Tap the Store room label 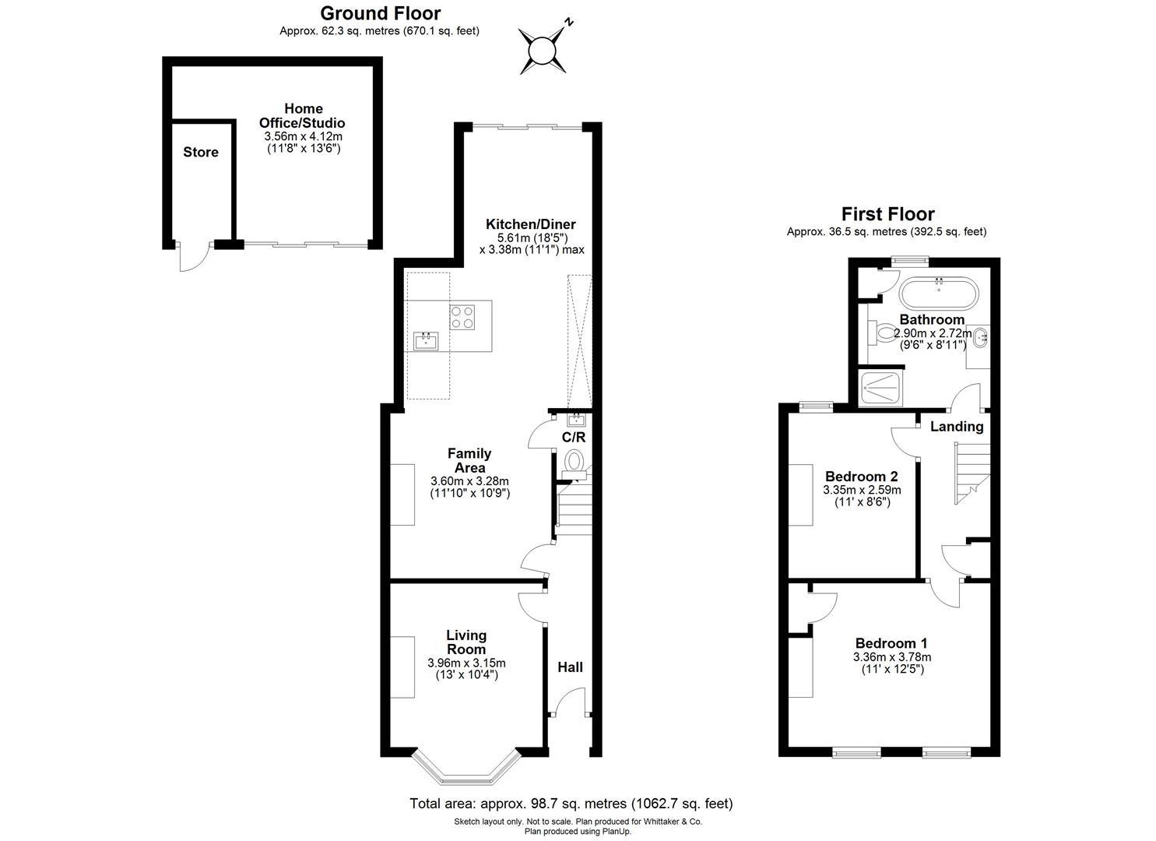coord(201,153)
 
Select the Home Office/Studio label coord(302,116)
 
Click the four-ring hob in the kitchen coord(462,317)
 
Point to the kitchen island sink coord(426,341)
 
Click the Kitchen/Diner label coord(531,225)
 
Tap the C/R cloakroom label coord(573,438)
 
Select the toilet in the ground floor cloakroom coord(575,463)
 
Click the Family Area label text coord(469,460)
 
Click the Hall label coord(570,667)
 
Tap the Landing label coord(957,427)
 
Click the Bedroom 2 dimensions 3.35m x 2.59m coord(862,491)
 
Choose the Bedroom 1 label coord(891,643)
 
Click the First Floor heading coord(887,214)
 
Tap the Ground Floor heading coord(380,13)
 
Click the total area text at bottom coord(571,803)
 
